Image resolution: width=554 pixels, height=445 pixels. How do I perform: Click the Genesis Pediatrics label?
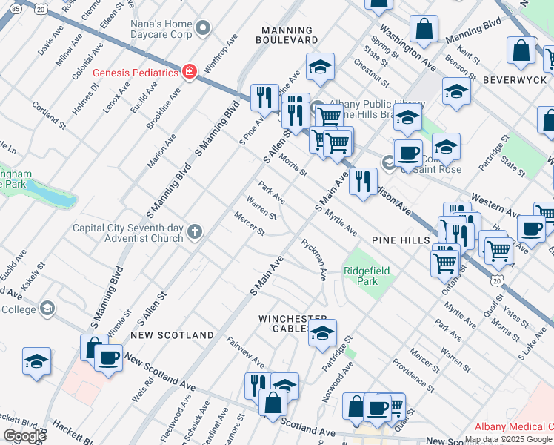point(136,73)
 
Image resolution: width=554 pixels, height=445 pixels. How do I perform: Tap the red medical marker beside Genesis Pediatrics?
point(190,73)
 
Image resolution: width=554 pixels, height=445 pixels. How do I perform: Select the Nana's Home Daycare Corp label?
point(161,29)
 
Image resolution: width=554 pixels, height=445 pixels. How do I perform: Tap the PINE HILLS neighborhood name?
point(401,240)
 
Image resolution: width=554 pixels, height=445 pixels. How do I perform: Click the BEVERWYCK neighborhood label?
point(515,79)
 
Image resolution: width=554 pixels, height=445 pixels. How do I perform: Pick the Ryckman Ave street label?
point(314,260)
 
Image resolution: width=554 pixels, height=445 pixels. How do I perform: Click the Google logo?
point(25,435)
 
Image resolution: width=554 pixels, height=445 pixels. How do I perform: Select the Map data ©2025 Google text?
point(508,439)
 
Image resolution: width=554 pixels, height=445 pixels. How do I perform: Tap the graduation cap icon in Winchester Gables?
point(322,334)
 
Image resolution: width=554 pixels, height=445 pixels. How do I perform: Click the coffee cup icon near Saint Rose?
point(407,154)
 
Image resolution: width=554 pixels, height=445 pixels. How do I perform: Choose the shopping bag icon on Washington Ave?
point(424,30)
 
